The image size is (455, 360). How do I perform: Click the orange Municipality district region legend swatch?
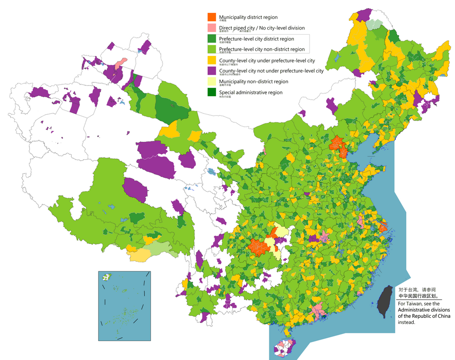click(x=212, y=17)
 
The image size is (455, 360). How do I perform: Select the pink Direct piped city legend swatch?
click(x=212, y=28)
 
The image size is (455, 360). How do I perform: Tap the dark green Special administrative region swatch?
click(x=212, y=92)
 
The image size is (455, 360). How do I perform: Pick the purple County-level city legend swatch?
click(x=212, y=71)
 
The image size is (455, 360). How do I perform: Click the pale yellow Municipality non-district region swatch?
click(x=212, y=82)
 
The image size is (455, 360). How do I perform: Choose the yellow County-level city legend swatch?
click(x=212, y=60)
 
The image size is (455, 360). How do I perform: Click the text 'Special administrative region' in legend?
click(x=250, y=92)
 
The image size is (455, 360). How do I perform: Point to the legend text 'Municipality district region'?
click(x=248, y=17)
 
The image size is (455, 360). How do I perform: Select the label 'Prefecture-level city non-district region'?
click(x=262, y=49)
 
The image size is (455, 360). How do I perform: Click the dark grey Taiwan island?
click(x=384, y=302)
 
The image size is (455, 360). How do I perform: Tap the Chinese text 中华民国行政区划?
click(x=417, y=296)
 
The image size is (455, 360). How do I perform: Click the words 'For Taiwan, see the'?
click(x=419, y=304)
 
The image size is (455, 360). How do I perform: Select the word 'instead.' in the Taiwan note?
click(x=407, y=322)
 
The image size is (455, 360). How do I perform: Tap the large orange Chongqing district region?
click(x=258, y=247)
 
